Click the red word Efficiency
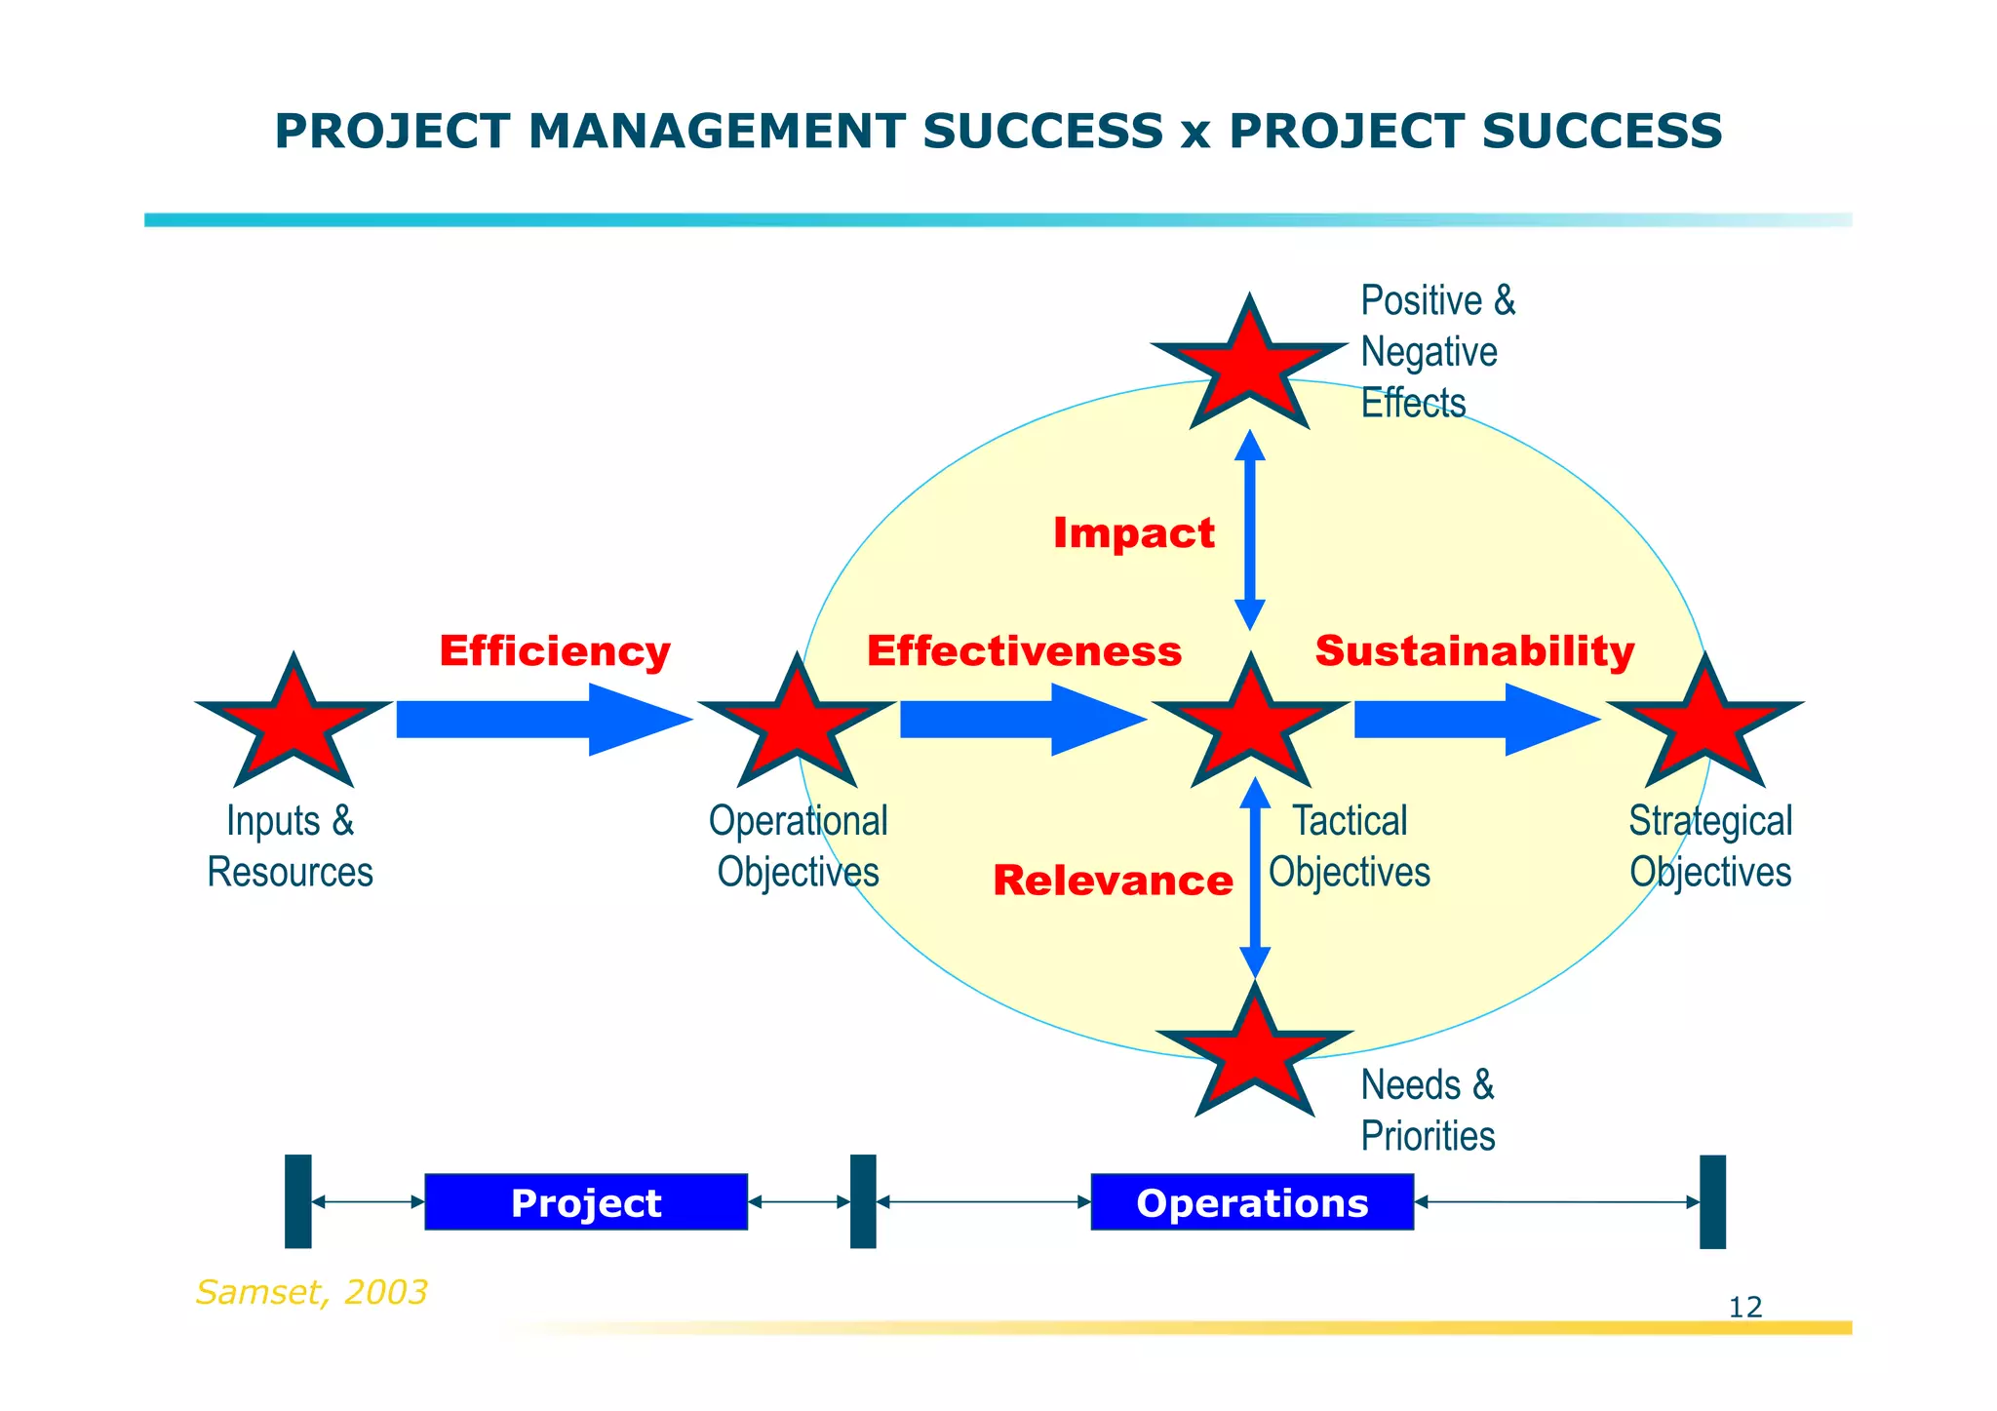(x=555, y=651)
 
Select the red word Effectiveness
(x=1024, y=651)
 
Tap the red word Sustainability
(x=1474, y=651)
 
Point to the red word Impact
(x=1133, y=533)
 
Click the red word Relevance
(x=1113, y=881)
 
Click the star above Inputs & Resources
(x=294, y=725)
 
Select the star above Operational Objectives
(x=797, y=725)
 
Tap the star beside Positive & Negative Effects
(x=1249, y=366)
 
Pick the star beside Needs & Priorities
(x=1254, y=1053)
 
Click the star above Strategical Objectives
(x=1705, y=725)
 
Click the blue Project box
(x=586, y=1202)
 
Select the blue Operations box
(x=1252, y=1202)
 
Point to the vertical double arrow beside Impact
(x=1250, y=529)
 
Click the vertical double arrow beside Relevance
(x=1255, y=878)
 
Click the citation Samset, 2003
(x=311, y=1292)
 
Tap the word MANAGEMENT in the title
(x=716, y=132)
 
